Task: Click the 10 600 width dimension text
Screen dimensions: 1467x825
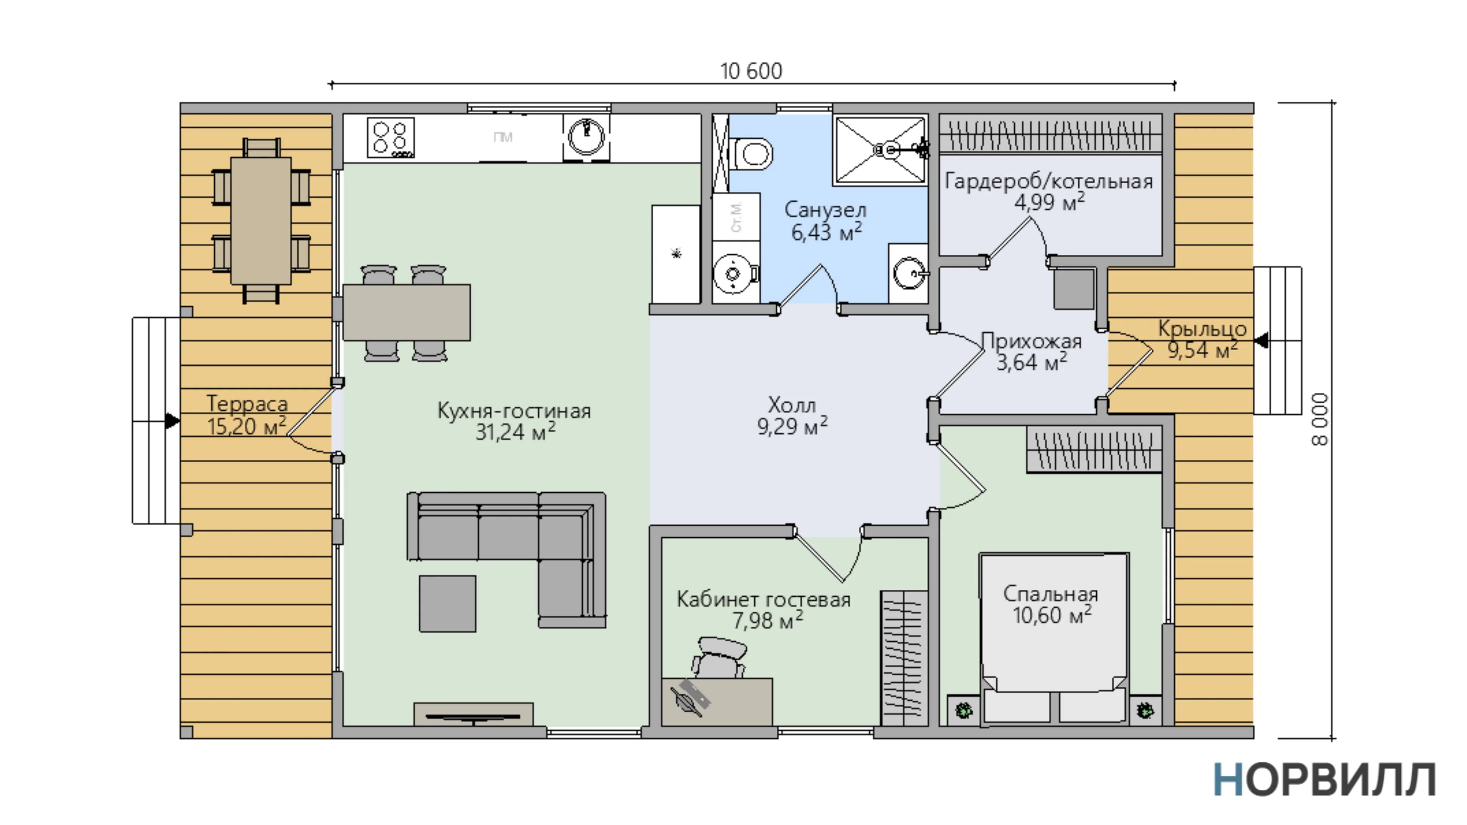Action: [x=751, y=71]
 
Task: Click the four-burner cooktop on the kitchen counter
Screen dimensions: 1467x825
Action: [x=391, y=137]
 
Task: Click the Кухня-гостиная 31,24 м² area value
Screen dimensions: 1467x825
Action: [x=515, y=432]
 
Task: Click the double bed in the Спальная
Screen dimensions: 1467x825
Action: [x=1054, y=638]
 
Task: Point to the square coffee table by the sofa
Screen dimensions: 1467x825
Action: [x=448, y=603]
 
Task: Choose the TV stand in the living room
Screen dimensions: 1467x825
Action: [x=473, y=714]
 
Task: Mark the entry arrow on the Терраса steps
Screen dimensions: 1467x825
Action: [x=172, y=421]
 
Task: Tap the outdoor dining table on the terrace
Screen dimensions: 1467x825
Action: [x=261, y=221]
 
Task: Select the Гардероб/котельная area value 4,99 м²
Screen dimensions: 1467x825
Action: [x=1049, y=202]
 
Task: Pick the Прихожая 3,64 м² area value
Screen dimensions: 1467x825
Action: [x=1031, y=362]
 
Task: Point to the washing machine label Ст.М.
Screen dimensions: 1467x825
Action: [x=736, y=216]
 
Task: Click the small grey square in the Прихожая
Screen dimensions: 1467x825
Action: [x=1074, y=289]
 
